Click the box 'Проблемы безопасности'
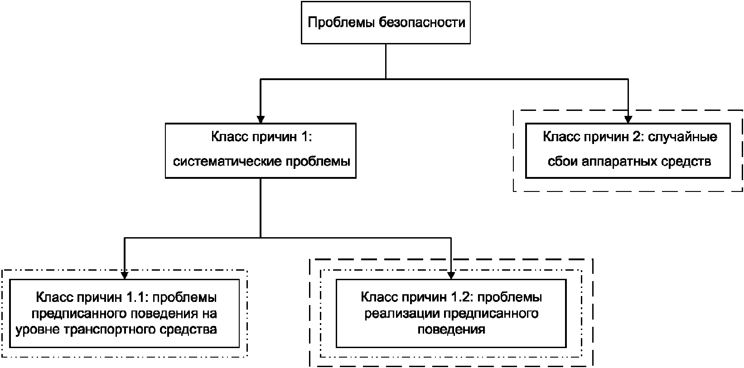click(x=386, y=22)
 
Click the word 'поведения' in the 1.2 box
click(x=451, y=329)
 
